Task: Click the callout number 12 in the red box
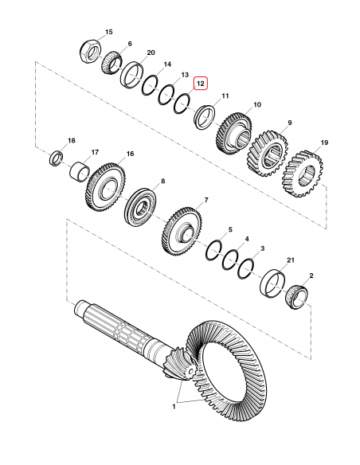click(200, 82)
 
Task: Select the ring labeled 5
click(213, 249)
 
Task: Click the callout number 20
click(150, 53)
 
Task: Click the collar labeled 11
click(205, 114)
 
